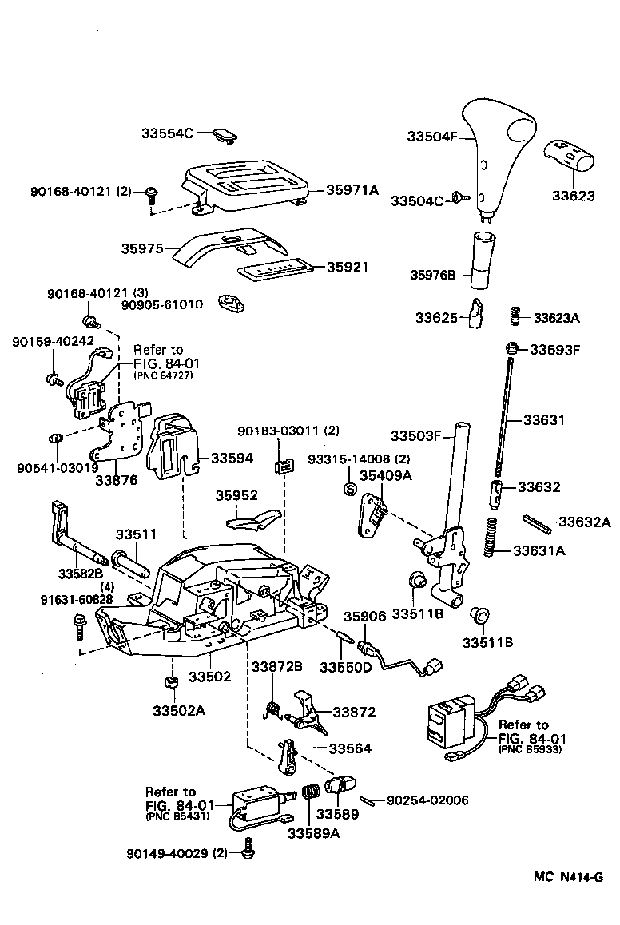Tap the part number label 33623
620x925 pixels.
click(573, 195)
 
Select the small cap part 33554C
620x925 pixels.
click(226, 135)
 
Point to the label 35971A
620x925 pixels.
click(352, 189)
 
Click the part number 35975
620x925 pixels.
click(143, 248)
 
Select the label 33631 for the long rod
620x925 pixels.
click(543, 419)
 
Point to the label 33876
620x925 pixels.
click(117, 480)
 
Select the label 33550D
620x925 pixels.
click(346, 667)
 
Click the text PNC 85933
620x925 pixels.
click(531, 750)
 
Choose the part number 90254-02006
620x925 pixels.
click(427, 800)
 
